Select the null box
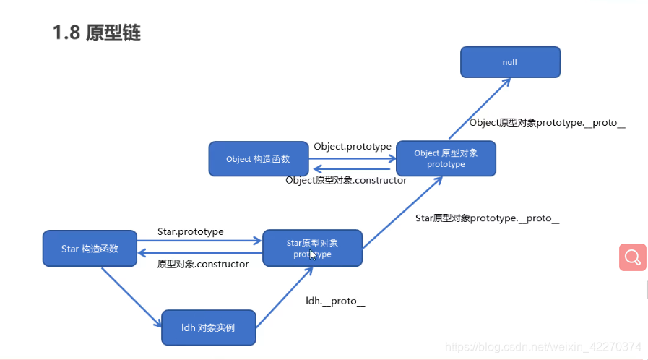(510, 62)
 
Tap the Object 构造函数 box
(258, 159)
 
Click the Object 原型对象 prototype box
(446, 158)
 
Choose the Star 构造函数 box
(90, 249)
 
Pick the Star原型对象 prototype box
(312, 248)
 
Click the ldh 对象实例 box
(208, 328)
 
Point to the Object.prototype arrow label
(352, 146)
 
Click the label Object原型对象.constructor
(346, 180)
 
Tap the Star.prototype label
(191, 231)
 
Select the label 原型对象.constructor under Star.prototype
(203, 264)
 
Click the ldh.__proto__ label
(335, 301)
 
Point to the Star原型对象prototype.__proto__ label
(488, 218)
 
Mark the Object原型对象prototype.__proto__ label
(547, 122)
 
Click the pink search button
(632, 257)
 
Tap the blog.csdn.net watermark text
(544, 346)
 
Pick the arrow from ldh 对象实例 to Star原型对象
(284, 296)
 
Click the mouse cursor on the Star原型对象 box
(313, 254)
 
